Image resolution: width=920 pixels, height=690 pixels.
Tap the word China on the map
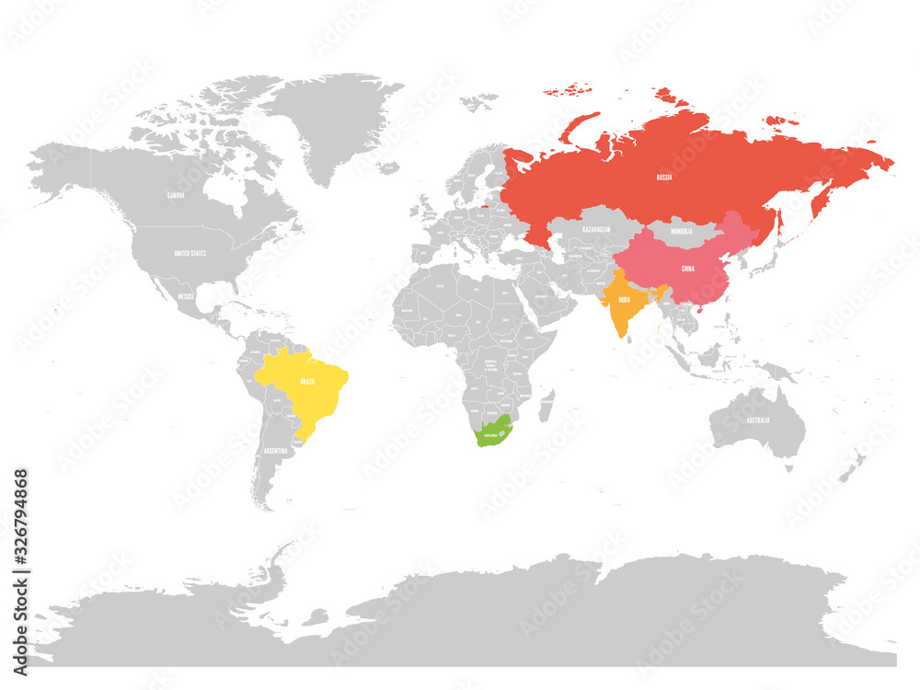[687, 269]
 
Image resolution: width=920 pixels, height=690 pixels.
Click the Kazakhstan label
[596, 229]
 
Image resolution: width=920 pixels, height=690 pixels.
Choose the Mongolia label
[682, 231]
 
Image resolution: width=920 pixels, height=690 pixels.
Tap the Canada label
[175, 196]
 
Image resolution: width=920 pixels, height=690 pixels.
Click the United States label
[190, 252]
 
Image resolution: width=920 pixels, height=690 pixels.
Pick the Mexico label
[186, 296]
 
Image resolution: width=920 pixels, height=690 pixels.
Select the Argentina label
[275, 452]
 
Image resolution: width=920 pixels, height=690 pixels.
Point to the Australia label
[758, 421]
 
